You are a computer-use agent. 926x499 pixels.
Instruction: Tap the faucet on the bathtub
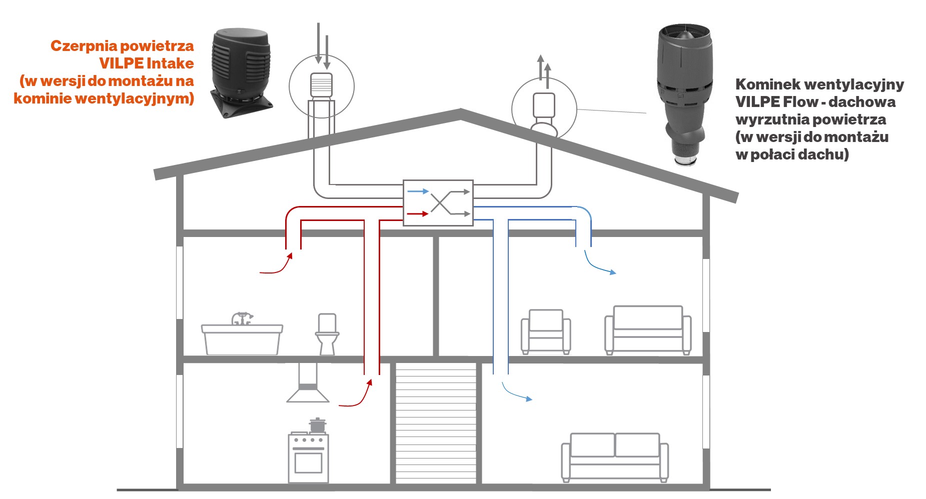pos(242,318)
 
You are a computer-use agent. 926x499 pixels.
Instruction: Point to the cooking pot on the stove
pos(317,425)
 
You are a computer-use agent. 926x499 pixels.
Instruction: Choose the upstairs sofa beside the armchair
pos(648,330)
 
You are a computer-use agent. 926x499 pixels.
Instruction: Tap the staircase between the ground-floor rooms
pos(436,423)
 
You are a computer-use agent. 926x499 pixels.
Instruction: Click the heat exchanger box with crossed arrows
pos(438,202)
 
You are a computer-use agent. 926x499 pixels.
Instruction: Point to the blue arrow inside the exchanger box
pos(418,191)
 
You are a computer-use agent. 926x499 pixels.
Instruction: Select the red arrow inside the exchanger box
pos(418,214)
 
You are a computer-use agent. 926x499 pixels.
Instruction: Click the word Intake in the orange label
pos(170,63)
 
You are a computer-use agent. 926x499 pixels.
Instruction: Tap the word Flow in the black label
pos(800,102)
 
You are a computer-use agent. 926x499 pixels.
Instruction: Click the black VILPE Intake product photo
pos(242,72)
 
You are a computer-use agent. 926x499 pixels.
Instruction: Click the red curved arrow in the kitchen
pos(356,395)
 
